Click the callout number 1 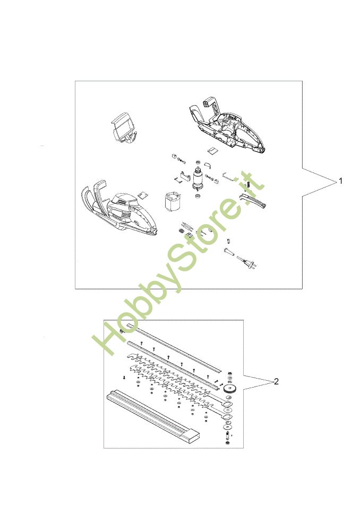tap(341, 181)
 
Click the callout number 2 tap(276, 382)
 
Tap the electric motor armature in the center tap(196, 179)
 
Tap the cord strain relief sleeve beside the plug tap(229, 252)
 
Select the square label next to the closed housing tap(143, 195)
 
